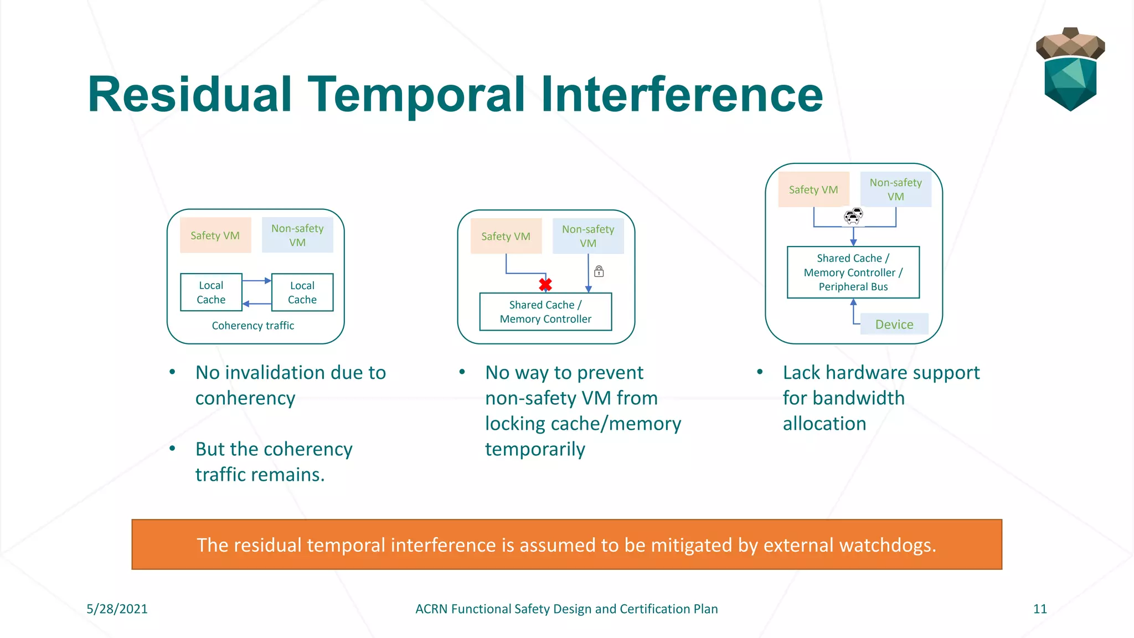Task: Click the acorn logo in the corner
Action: [1070, 69]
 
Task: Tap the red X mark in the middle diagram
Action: [545, 285]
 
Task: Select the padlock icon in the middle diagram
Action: [599, 271]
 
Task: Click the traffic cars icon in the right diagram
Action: [853, 216]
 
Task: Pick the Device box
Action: [894, 324]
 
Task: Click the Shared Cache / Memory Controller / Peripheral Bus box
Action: [853, 272]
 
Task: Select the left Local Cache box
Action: [211, 292]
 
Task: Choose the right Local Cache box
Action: [302, 292]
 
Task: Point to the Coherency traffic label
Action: [252, 326]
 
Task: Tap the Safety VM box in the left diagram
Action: [215, 235]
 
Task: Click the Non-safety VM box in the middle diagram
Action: [588, 236]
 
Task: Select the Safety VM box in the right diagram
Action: [813, 189]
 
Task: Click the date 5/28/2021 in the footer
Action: [117, 609]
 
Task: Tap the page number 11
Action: [1040, 609]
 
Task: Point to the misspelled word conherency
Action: [245, 398]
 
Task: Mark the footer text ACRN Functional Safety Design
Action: [566, 609]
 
